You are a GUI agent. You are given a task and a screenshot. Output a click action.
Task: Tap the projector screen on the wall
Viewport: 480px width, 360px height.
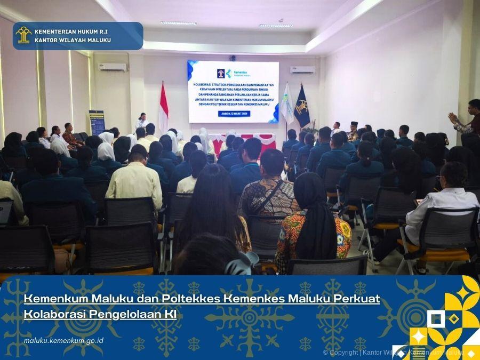coord(233,91)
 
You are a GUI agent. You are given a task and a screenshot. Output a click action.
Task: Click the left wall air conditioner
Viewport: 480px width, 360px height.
coord(113,67)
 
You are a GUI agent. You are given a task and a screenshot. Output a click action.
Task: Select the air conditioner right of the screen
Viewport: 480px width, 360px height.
coord(302,70)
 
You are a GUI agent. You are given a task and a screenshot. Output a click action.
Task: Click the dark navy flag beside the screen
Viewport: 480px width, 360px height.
coord(302,107)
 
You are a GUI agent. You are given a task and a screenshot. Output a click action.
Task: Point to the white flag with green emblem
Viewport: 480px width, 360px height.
coord(287,104)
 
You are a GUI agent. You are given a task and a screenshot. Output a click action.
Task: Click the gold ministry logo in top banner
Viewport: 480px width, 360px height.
coord(23,35)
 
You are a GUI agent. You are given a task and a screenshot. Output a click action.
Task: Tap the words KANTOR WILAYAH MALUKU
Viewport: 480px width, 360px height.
coord(73,41)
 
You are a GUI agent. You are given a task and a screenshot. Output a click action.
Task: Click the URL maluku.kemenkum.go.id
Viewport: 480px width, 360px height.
coord(63,341)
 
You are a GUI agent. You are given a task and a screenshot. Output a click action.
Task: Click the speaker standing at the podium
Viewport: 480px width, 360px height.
coord(141,121)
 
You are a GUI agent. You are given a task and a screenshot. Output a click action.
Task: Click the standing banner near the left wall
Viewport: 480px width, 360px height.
coord(97,122)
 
